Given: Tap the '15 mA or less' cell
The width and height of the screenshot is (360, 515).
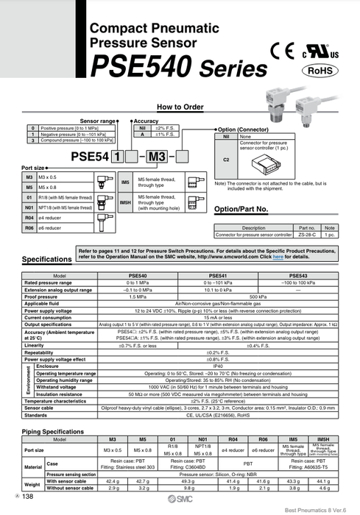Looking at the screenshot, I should click(x=218, y=317).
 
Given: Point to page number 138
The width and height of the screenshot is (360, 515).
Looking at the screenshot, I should click(x=29, y=498).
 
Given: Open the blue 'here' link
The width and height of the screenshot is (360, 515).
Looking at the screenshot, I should click(x=278, y=257).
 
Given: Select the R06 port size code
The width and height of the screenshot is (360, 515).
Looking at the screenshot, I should click(x=29, y=228).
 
